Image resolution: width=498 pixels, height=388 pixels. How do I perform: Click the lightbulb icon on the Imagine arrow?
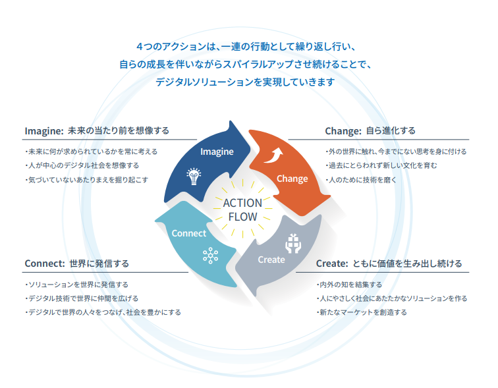click(x=194, y=177)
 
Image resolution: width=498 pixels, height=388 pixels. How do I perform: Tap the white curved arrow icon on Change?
click(x=273, y=155)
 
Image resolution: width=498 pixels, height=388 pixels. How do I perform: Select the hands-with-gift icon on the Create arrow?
click(x=293, y=244)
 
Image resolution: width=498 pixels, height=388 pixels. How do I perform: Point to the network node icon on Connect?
click(x=210, y=256)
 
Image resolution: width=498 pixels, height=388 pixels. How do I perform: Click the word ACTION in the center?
click(x=242, y=203)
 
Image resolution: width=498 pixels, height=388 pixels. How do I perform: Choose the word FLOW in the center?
click(x=242, y=217)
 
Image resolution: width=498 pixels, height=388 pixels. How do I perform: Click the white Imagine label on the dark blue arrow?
click(x=217, y=152)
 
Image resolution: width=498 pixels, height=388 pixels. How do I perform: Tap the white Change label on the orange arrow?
click(x=292, y=179)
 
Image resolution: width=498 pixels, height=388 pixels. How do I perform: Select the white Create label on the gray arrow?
click(x=271, y=260)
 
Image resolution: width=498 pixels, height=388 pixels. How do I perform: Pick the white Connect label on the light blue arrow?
click(x=189, y=233)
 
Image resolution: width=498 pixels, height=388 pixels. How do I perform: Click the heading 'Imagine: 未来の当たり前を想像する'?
click(x=97, y=131)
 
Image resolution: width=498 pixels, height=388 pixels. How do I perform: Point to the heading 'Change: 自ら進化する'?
click(x=370, y=131)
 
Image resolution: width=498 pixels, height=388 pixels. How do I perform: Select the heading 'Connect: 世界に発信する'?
click(x=77, y=263)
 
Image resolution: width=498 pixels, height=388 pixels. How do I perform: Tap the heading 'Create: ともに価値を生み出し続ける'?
click(x=389, y=263)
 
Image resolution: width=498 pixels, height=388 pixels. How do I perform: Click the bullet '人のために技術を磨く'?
click(x=361, y=180)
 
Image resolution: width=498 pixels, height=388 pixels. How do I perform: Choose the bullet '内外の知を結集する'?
click(x=349, y=285)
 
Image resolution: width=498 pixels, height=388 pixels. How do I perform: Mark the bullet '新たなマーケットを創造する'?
click(x=362, y=312)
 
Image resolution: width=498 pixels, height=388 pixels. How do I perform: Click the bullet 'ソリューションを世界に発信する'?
click(x=76, y=285)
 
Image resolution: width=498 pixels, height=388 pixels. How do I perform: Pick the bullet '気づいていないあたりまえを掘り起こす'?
click(x=87, y=180)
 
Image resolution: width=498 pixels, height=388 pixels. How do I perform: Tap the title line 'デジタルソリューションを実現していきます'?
click(x=245, y=82)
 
